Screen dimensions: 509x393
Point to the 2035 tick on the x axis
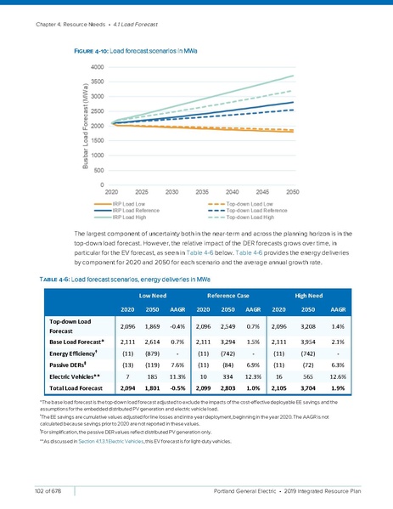pos(200,191)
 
